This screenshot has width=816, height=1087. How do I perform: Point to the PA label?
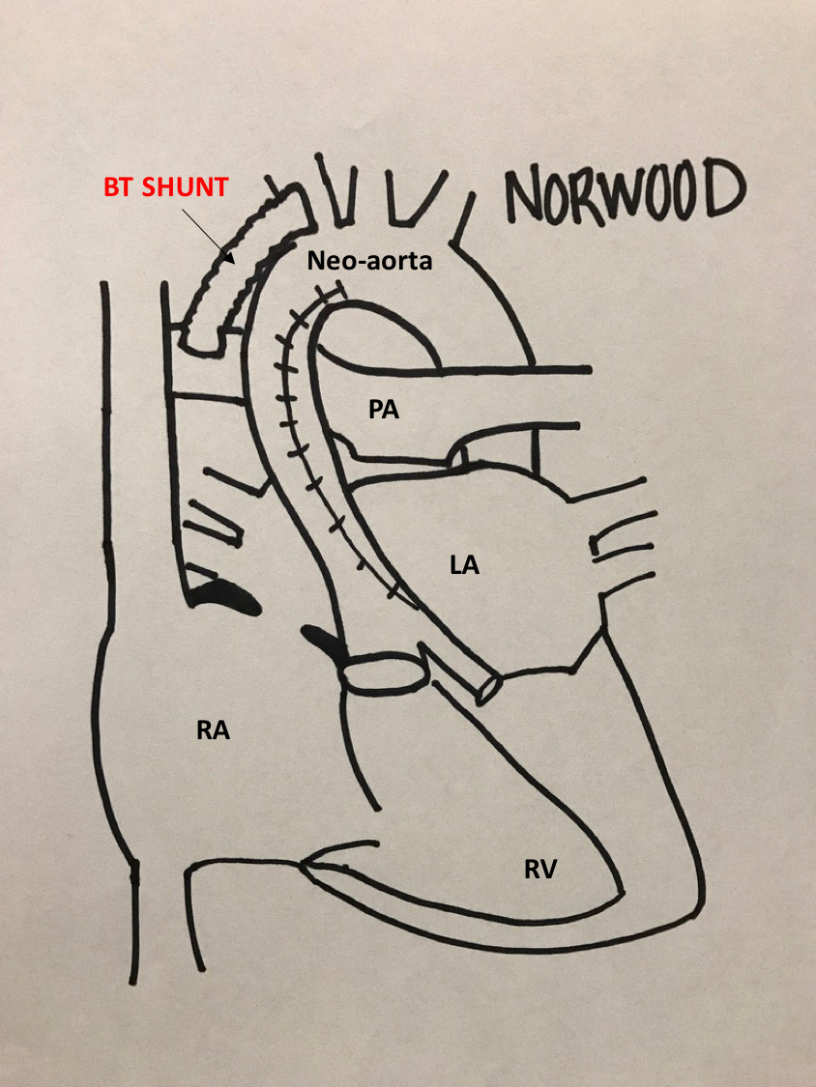click(383, 410)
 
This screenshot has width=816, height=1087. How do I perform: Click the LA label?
click(464, 565)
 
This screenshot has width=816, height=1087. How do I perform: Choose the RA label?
click(212, 730)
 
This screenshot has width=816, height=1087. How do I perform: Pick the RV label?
click(539, 870)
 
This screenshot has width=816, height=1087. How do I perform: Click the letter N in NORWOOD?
click(526, 195)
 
